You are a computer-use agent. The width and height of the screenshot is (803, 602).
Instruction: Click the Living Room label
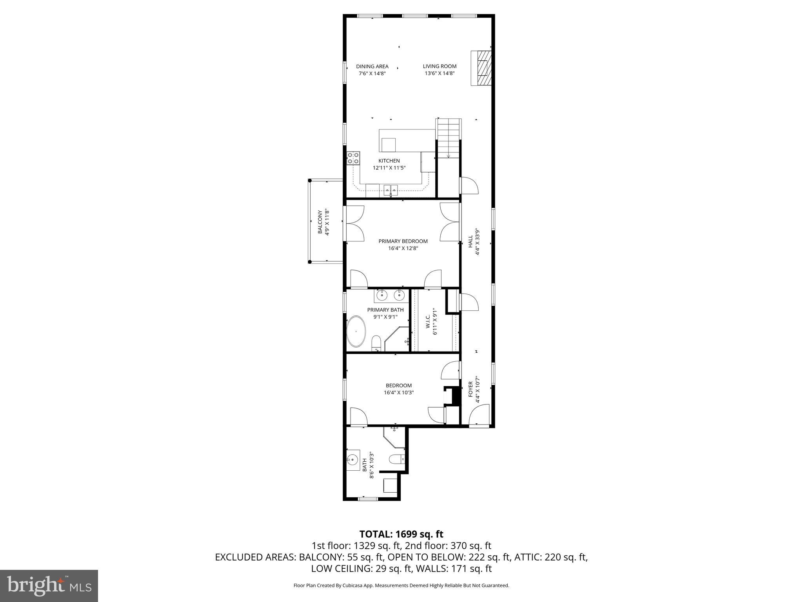click(440, 66)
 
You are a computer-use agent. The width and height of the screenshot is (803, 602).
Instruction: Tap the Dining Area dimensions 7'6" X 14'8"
click(372, 73)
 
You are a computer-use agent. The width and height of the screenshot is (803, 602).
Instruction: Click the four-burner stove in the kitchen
click(79, 158)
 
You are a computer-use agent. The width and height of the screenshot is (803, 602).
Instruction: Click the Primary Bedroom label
click(403, 241)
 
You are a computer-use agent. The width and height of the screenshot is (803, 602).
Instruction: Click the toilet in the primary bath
click(376, 342)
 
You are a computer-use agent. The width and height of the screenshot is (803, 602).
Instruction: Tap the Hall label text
click(470, 241)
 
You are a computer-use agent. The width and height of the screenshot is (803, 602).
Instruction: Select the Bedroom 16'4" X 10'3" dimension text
click(399, 392)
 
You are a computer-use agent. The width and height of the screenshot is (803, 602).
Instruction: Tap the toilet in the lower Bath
click(396, 459)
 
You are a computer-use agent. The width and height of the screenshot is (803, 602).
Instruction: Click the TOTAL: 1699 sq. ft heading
click(401, 534)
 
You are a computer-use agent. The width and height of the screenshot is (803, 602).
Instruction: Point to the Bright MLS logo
click(49, 586)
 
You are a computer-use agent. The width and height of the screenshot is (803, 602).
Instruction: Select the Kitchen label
click(389, 161)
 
